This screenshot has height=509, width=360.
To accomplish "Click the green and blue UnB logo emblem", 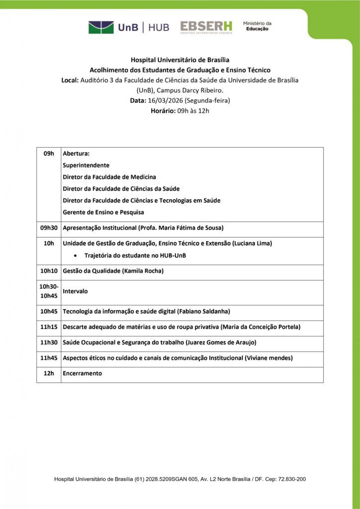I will click(101, 27).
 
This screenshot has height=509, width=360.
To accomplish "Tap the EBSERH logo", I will click(206, 27).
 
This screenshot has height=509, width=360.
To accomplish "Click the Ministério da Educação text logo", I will click(257, 26).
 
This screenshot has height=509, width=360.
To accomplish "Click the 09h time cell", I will click(49, 154).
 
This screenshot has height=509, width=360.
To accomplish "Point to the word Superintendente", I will click(86, 165).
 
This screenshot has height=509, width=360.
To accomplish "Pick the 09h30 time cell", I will click(49, 228).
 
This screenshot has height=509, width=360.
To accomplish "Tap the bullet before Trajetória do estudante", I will click(75, 255).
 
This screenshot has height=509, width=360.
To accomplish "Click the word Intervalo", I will click(76, 291).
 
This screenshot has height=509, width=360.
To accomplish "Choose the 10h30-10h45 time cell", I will click(49, 291).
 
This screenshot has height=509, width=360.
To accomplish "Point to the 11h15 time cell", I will click(49, 327).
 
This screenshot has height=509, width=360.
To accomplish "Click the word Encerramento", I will click(83, 373).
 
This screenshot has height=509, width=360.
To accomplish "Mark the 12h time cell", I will click(49, 373).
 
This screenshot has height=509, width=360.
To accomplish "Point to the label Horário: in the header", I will click(163, 111).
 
